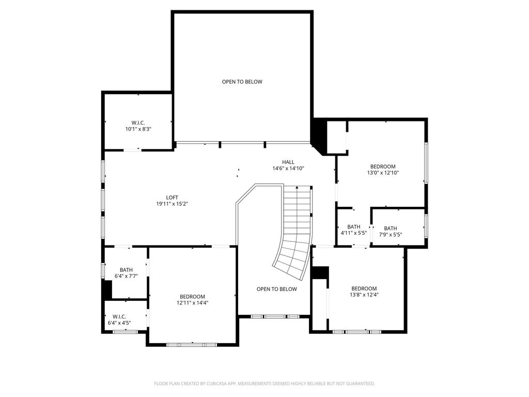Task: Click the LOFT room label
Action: pos(172,197)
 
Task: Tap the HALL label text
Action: pos(288,162)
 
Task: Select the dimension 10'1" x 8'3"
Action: pos(138,129)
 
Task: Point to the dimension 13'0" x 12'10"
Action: pos(383,173)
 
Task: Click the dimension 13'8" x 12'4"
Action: pos(364,294)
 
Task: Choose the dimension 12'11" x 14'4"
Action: pos(192,303)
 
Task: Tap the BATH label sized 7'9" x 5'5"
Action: pos(391,228)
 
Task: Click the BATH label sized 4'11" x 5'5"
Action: pos(353,227)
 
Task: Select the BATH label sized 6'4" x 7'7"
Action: pos(126,270)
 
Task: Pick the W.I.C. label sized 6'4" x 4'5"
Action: pos(119,317)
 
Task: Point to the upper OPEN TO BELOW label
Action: pos(242,82)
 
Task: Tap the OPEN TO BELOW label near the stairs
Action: pos(277,289)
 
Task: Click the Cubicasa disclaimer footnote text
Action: pos(264,384)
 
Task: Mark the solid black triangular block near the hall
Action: pos(319,135)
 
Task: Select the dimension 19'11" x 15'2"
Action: pos(172,204)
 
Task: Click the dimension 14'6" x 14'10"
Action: pos(288,168)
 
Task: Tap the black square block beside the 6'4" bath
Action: pos(107,289)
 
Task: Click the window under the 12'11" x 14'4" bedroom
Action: pos(192,345)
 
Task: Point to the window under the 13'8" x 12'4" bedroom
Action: pos(357,332)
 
